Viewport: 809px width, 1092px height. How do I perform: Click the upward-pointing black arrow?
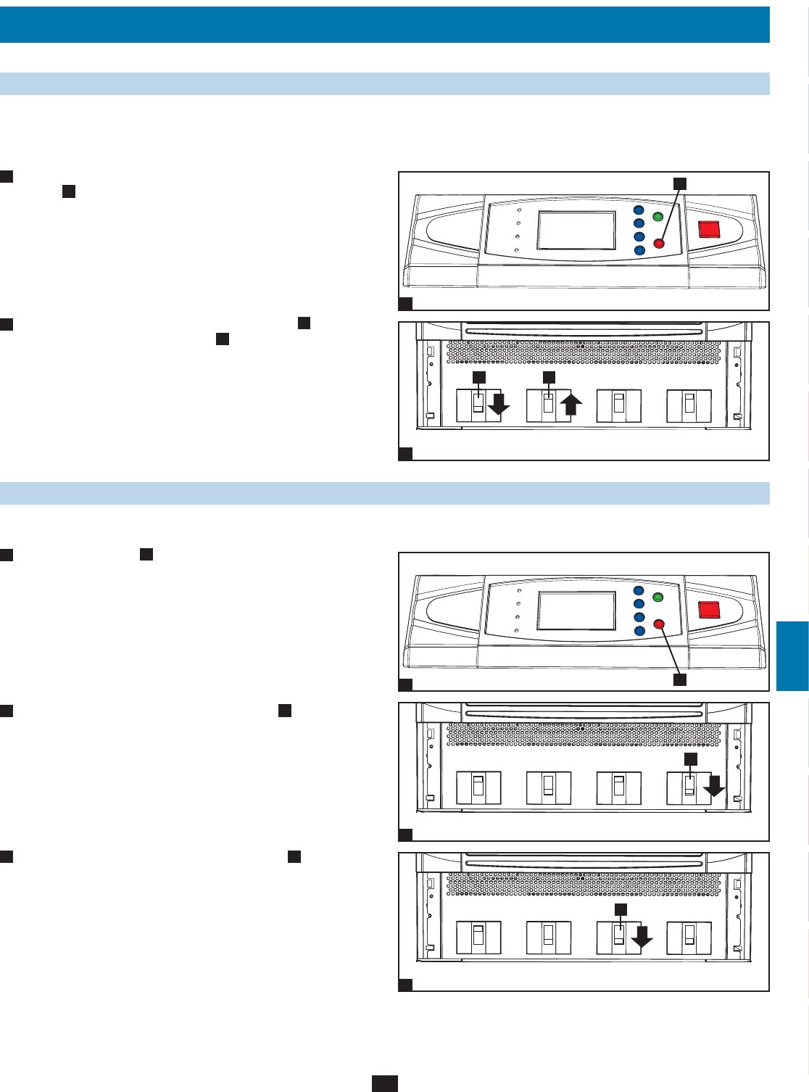click(x=571, y=404)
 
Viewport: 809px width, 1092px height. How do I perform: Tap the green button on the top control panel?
click(x=658, y=217)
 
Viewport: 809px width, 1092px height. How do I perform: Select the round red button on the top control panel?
click(x=658, y=244)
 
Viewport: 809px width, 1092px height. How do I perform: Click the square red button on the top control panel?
click(x=709, y=229)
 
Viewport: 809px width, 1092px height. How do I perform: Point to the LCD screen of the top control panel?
click(x=576, y=231)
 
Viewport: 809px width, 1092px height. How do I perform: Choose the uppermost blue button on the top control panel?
click(x=639, y=210)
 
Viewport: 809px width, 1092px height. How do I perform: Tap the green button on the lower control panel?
click(x=658, y=597)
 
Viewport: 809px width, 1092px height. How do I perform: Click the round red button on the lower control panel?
click(x=658, y=624)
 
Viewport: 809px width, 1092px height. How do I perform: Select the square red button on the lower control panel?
click(x=709, y=610)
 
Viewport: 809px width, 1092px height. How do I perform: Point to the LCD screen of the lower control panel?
click(x=576, y=611)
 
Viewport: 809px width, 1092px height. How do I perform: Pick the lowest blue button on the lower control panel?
click(x=639, y=631)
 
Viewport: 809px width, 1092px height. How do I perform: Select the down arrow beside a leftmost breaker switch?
click(x=499, y=405)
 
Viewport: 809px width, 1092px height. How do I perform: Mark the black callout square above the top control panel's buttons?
click(x=679, y=183)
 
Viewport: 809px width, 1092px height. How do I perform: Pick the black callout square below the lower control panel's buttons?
click(x=679, y=679)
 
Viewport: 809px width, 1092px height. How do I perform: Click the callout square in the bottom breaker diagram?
click(x=621, y=909)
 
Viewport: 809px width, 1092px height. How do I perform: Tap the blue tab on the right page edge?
click(x=792, y=655)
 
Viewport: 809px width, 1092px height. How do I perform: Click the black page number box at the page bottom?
click(x=385, y=1083)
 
